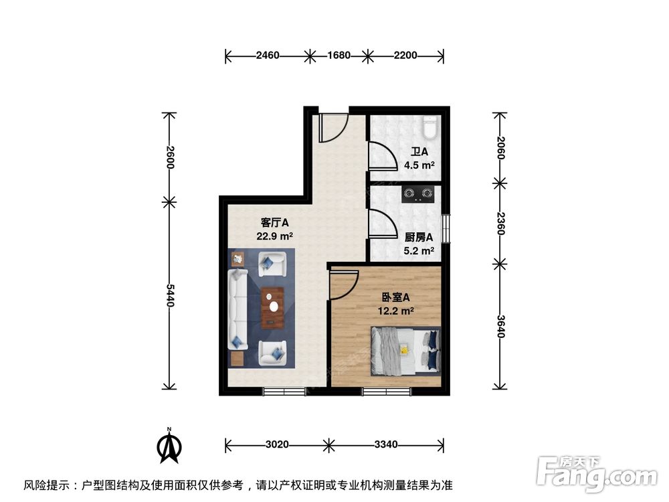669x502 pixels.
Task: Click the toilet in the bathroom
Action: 429,127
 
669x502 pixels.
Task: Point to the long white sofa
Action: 237,309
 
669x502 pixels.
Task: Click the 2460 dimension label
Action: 268,56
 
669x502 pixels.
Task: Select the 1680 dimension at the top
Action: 339,56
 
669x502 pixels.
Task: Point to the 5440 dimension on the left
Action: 170,295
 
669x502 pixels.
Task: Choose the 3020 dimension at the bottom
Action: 276,444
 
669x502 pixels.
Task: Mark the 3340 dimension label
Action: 387,444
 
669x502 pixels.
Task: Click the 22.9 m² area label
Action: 274,236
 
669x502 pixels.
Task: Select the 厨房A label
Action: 419,237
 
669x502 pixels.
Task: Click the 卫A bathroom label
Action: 419,152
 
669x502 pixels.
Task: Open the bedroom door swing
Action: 345,284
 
